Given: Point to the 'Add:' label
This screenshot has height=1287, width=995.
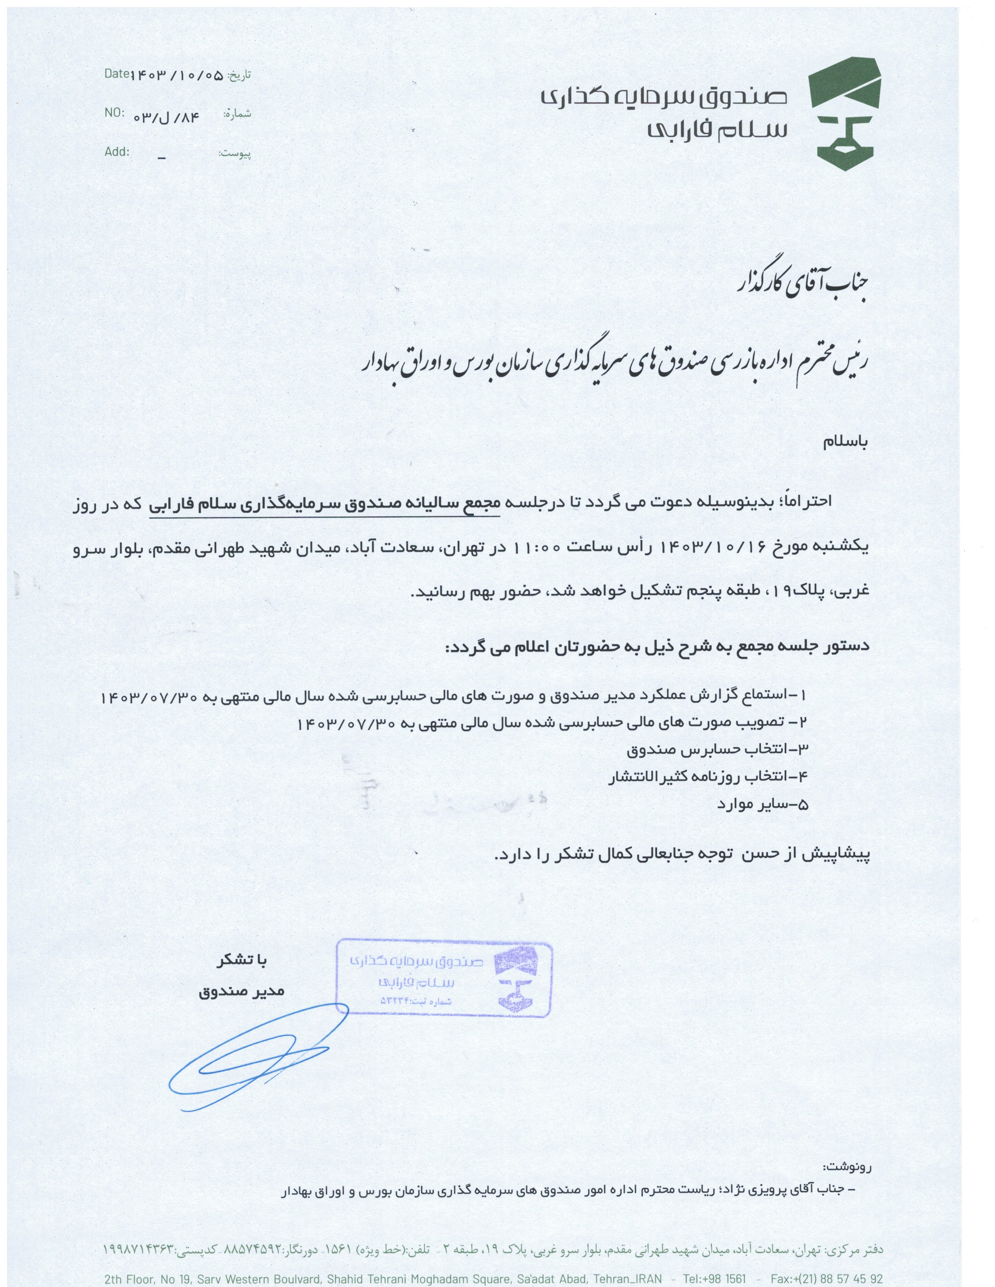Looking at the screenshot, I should (x=117, y=151).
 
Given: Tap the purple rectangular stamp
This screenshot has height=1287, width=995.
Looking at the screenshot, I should (x=443, y=980).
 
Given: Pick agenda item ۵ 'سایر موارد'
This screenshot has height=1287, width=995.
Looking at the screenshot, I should (x=762, y=804).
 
